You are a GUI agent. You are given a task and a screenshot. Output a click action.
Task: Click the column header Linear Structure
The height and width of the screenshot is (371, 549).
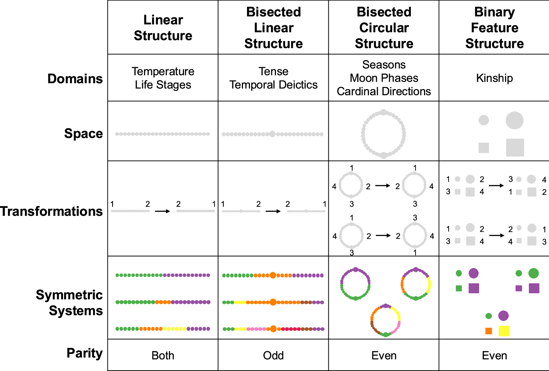click(163, 27)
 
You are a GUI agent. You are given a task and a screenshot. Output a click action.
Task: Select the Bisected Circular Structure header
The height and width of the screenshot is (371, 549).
click(384, 27)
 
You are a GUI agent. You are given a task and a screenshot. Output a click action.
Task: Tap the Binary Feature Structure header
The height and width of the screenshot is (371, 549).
click(494, 27)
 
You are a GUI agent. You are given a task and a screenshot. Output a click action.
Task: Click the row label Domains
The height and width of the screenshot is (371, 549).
click(75, 78)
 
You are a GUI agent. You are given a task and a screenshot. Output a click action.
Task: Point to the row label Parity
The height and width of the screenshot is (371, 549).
click(84, 353)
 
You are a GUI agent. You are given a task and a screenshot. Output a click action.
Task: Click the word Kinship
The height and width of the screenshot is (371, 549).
click(494, 78)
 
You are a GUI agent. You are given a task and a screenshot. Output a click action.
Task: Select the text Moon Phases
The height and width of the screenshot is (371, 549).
click(384, 78)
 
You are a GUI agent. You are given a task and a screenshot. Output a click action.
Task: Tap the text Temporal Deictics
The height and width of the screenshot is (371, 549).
click(273, 85)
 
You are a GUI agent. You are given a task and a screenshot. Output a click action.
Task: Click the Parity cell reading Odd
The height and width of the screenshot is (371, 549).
click(273, 355)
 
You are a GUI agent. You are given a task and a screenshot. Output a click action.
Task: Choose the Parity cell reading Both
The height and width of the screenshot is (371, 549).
click(163, 355)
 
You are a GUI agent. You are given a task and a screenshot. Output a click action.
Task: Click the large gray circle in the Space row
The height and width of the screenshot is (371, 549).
click(515, 120)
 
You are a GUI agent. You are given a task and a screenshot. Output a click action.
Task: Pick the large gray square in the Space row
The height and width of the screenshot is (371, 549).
click(515, 147)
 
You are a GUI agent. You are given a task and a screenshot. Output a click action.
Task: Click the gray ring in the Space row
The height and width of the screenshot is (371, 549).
click(383, 134)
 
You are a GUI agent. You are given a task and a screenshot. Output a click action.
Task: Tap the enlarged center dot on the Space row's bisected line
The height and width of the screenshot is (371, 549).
click(272, 134)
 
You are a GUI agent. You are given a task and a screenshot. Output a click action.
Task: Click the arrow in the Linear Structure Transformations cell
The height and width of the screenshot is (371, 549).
click(162, 211)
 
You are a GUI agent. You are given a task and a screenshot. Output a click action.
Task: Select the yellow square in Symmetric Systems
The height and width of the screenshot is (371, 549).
click(504, 331)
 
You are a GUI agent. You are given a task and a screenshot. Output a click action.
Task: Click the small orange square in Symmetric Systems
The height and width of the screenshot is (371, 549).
click(489, 331)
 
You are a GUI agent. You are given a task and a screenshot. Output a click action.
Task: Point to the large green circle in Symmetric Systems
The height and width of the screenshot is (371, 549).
click(534, 273)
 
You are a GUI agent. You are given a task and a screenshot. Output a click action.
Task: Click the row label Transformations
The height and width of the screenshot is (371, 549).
click(51, 211)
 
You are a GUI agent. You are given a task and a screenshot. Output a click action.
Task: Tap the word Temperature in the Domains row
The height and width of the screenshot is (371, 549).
click(163, 71)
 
